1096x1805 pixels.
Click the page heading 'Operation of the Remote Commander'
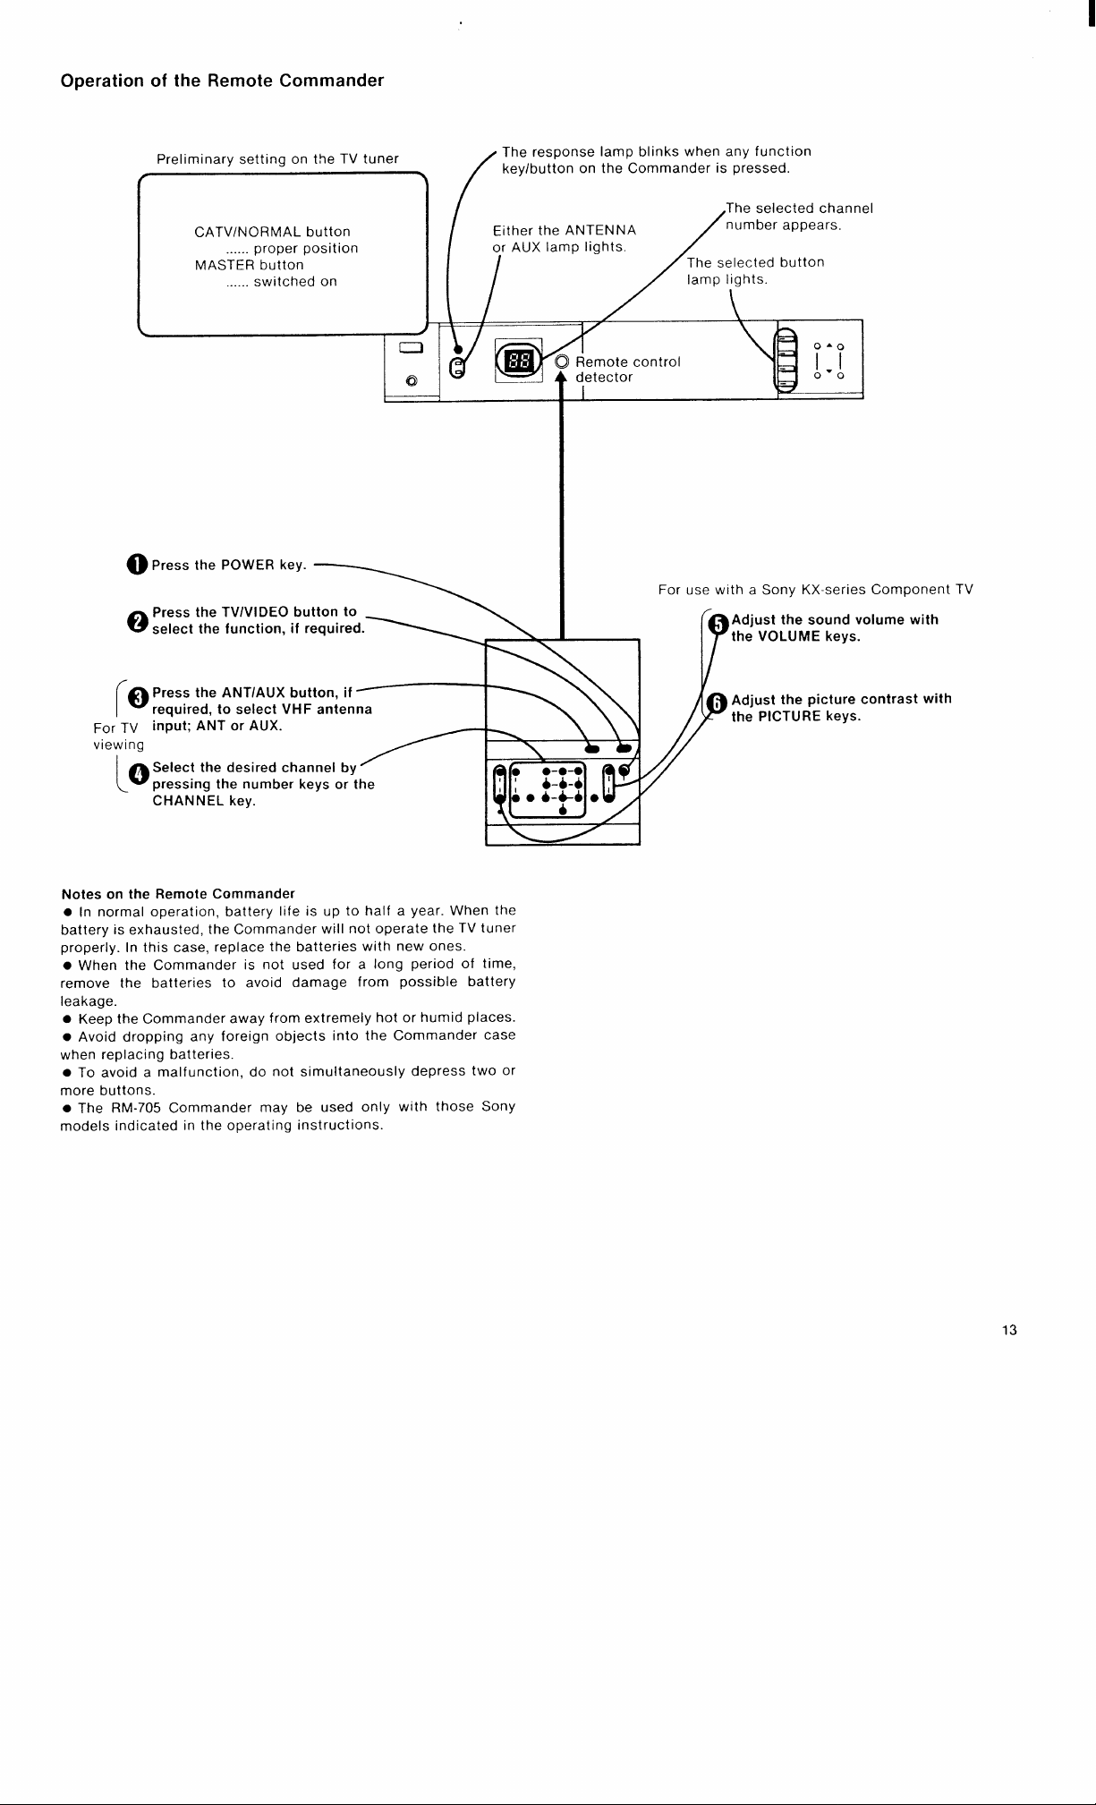click(x=222, y=81)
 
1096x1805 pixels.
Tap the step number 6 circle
click(x=716, y=705)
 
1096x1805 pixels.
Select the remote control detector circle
click(x=562, y=362)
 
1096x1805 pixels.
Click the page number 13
click(x=1009, y=1330)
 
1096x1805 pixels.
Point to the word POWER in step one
click(x=248, y=566)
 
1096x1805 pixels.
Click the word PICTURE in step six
click(x=788, y=717)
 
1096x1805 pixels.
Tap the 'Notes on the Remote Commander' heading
click(x=177, y=894)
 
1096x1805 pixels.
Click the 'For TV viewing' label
click(x=118, y=736)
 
